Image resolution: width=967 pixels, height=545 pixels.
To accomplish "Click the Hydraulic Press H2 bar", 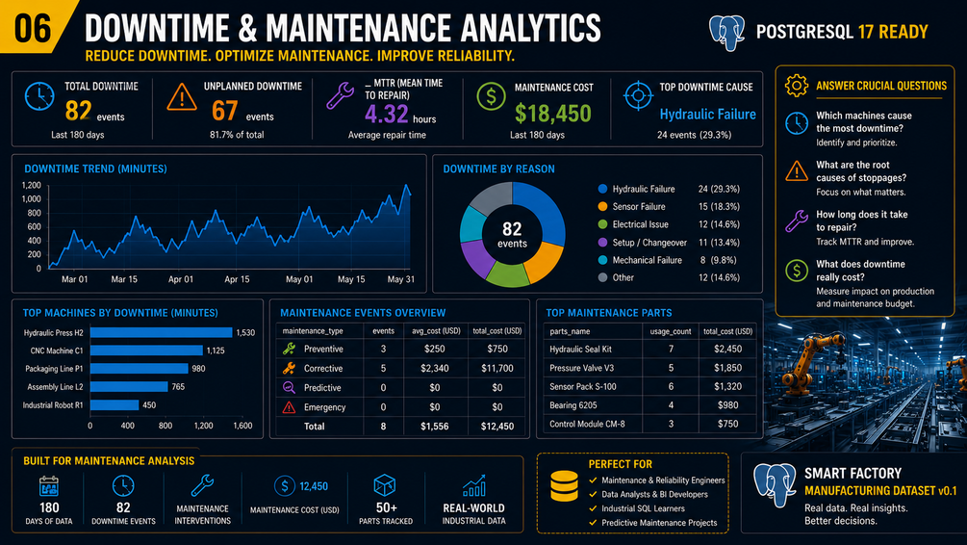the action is point(161,332).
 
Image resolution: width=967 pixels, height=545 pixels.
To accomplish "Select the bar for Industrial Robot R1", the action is point(115,404).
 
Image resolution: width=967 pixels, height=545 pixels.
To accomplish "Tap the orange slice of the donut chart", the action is point(545,262).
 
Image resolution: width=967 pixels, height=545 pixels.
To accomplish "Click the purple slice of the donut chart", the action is point(477,257).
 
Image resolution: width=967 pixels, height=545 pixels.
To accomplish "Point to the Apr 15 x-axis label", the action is point(237,279).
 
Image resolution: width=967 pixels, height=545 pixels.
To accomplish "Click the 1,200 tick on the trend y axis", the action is point(32,185).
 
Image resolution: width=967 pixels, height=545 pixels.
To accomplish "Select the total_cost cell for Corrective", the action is point(497,369).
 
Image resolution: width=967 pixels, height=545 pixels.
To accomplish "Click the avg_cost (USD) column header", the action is point(436,331).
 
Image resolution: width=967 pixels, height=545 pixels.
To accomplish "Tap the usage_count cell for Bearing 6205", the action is point(671,405).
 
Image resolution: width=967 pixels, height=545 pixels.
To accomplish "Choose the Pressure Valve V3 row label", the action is point(581,368).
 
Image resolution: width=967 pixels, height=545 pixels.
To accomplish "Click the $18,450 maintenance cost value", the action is point(552,114).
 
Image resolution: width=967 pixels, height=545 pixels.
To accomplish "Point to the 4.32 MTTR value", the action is point(386,115).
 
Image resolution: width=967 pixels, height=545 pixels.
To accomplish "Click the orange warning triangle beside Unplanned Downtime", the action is point(181,97).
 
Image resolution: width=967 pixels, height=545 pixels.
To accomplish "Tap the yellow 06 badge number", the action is point(32,28).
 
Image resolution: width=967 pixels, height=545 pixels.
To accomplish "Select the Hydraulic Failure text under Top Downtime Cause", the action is point(707,115).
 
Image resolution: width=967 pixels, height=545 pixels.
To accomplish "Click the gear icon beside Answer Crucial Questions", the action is point(796,85).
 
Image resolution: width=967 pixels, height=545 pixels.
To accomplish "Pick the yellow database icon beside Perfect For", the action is point(564,485).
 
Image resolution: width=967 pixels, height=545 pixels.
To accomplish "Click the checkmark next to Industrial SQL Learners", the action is point(593,508).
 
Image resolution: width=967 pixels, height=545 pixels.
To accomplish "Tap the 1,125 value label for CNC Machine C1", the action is point(216,350).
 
